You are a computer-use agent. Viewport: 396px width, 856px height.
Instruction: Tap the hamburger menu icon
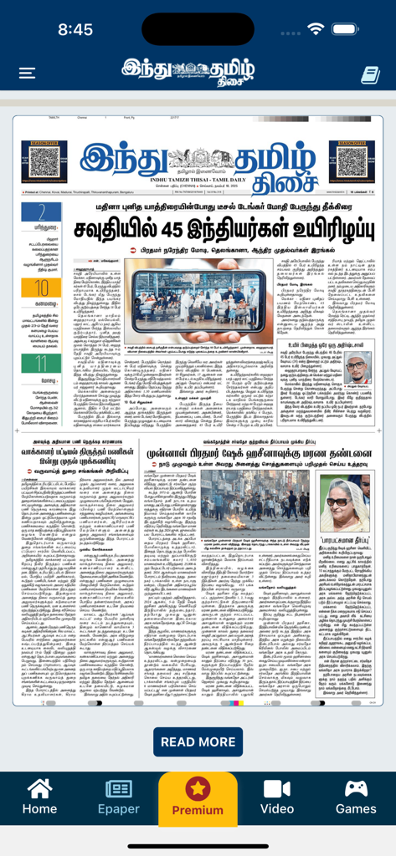pos(27,74)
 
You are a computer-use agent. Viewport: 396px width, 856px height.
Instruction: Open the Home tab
pos(39,797)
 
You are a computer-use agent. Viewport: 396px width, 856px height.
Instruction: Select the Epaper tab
pos(119,797)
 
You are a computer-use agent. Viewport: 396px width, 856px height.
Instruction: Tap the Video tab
pos(277,797)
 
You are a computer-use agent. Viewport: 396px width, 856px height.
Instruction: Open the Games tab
pos(356,797)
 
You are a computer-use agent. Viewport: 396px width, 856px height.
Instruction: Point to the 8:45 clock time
pos(75,29)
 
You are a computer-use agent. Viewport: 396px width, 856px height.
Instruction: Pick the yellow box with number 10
pos(41,288)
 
